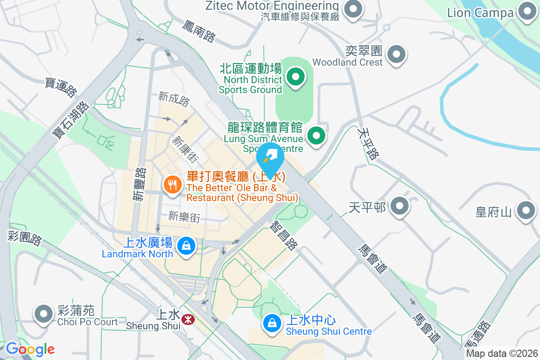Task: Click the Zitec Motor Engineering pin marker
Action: pos(353,9)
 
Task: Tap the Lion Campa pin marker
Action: pos(526,11)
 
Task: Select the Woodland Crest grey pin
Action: pos(396,54)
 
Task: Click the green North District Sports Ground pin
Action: pos(296,77)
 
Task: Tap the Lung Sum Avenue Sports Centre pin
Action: pos(316,135)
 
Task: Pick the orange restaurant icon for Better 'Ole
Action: pos(172,184)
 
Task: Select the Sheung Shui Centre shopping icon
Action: pos(272,323)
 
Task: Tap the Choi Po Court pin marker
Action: pos(44,314)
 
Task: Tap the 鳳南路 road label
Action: pos(198,31)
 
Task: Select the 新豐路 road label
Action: pos(139,184)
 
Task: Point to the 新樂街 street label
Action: pos(184,217)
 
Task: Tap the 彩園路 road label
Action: pos(25,238)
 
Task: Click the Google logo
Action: pos(30,349)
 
